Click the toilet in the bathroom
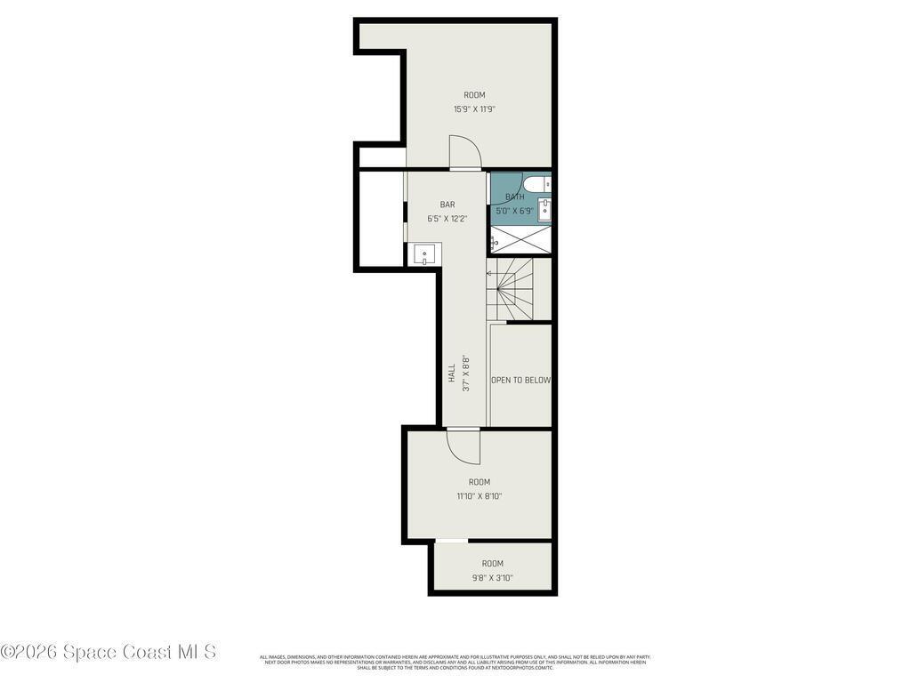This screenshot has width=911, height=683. point(536,184)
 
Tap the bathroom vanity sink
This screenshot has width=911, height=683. point(544,211)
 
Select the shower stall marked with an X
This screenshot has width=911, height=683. point(520,238)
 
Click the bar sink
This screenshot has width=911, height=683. point(424,254)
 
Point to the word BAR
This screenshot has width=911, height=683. point(447,205)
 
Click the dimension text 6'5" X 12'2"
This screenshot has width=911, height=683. point(447,218)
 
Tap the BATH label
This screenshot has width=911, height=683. point(514,197)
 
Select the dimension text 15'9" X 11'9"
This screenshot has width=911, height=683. point(474,109)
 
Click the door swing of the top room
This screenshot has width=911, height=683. point(464,151)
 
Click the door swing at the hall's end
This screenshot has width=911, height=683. point(463,445)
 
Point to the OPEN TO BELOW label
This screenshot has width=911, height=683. point(520,380)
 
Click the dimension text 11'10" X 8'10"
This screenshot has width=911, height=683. point(480,496)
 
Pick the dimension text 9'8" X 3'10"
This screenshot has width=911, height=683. point(492,577)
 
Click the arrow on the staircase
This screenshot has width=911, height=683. point(488,273)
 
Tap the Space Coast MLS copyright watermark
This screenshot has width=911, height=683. point(108,652)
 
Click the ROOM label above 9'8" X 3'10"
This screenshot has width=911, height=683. point(492,563)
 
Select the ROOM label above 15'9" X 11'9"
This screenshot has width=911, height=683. point(474,95)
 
